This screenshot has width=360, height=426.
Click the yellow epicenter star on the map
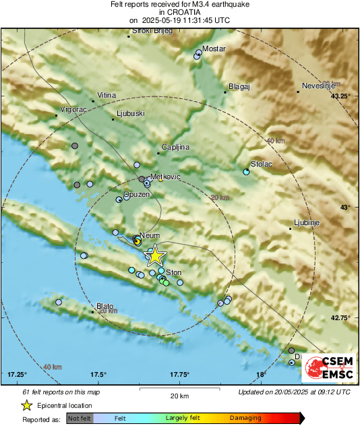tap(155, 255)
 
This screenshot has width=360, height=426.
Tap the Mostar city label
tap(214, 50)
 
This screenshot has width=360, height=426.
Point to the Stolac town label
tap(261, 164)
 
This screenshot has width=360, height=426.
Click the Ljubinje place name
tap(307, 222)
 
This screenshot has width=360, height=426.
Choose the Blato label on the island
tap(105, 305)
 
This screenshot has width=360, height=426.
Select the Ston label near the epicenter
tap(174, 272)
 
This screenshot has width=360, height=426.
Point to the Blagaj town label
tap(239, 86)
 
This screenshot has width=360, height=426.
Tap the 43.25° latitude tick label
tap(340, 96)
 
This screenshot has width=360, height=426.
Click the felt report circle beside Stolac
tap(246, 172)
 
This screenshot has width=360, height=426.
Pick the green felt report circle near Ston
tap(166, 282)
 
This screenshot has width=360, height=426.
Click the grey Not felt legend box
tap(80, 418)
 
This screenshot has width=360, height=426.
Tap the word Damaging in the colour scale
tap(245, 418)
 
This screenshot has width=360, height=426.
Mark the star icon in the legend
tap(26, 405)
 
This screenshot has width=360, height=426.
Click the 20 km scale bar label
tap(179, 395)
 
